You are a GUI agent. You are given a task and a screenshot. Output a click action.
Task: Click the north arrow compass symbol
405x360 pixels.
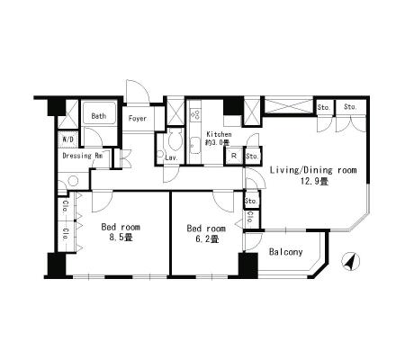tap(350, 262)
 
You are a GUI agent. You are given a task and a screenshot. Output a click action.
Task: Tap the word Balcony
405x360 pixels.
tap(285, 252)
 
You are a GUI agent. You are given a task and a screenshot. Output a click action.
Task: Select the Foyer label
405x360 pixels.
tap(138, 118)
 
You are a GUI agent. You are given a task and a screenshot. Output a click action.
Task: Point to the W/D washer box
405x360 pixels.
tap(68, 139)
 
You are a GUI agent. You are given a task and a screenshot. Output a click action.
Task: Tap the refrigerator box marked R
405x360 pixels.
tap(234, 156)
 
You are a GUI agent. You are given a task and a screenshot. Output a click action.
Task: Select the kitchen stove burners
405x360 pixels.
tap(195, 114)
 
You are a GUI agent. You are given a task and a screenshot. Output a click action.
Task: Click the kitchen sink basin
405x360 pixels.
tap(195, 145)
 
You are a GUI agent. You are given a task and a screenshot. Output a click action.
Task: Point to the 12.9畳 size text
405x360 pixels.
tap(314, 181)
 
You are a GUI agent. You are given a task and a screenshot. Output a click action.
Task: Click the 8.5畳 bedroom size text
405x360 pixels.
tap(121, 238)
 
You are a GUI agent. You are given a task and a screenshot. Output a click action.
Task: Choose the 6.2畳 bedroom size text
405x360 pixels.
tap(206, 239)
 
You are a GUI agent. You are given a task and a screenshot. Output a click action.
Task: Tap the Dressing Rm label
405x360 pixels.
tap(83, 156)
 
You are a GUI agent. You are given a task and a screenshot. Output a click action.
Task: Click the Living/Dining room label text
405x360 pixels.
tap(313, 170)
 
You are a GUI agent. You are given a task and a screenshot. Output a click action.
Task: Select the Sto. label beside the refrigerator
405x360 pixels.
tap(252, 156)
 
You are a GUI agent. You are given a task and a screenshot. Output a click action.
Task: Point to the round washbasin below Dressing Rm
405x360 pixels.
tap(73, 181)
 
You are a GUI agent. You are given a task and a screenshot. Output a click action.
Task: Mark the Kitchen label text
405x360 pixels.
tap(219, 134)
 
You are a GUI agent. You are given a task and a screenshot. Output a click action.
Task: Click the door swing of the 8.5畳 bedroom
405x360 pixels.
tap(102, 201)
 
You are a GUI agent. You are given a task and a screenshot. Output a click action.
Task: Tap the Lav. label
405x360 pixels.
tap(172, 157)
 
